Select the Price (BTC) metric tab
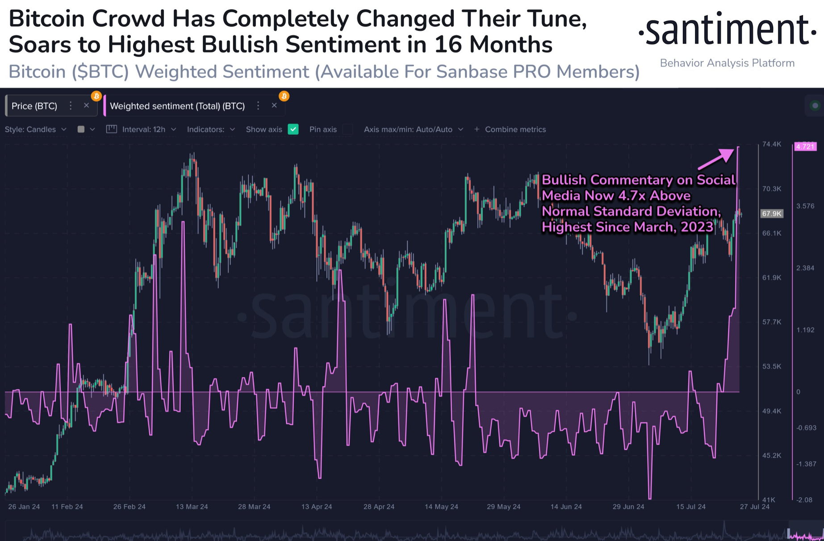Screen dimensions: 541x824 [34, 106]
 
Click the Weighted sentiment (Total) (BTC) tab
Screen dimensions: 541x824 [177, 106]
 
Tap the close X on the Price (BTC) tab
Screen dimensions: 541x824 [86, 105]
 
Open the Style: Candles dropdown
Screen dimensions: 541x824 [36, 129]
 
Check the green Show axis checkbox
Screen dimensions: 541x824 [293, 129]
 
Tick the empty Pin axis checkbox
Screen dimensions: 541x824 [348, 129]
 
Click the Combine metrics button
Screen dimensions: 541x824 [510, 129]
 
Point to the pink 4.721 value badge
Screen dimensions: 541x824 [805, 147]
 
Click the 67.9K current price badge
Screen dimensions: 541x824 [771, 214]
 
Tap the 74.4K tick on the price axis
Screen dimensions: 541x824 [771, 144]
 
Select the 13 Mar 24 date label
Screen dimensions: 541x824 [192, 507]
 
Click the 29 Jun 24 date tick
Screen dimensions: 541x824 [628, 507]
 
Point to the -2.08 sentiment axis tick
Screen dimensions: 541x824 [804, 499]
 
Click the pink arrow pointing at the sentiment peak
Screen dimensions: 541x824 [716, 159]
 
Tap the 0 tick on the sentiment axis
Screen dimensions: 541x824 [798, 392]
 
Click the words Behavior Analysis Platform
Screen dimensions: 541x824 [727, 63]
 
